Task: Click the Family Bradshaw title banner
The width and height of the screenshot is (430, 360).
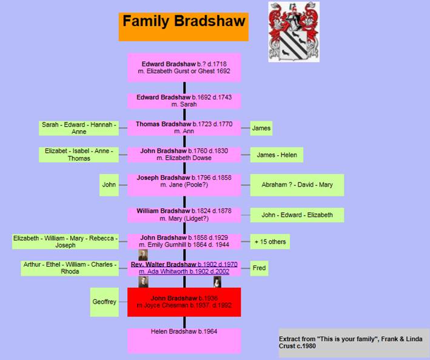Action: (184, 27)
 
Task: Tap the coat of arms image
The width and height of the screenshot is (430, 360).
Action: (294, 32)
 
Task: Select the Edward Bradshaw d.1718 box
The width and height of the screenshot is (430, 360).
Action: (184, 68)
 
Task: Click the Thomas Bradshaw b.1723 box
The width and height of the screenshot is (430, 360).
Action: (184, 128)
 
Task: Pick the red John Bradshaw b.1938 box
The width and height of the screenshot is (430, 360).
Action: (184, 302)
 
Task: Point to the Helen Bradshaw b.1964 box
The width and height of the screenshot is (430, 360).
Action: (184, 341)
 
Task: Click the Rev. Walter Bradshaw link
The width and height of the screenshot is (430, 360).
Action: (184, 264)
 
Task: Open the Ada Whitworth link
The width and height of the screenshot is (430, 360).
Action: (184, 272)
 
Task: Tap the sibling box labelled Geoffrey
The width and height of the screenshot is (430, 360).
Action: (104, 302)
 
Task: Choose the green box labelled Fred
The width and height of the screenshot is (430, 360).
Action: (259, 268)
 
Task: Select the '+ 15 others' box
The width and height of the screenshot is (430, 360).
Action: (270, 242)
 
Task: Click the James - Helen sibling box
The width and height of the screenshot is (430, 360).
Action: (277, 155)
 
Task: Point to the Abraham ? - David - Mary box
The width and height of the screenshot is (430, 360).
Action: (297, 185)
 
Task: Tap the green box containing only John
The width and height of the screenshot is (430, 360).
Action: (109, 185)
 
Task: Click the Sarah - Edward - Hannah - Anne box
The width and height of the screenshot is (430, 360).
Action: (79, 128)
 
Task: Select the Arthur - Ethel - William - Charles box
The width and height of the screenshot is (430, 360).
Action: (70, 268)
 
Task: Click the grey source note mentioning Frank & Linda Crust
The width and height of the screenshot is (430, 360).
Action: (354, 342)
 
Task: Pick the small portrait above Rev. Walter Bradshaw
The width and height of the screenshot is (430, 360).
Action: (143, 255)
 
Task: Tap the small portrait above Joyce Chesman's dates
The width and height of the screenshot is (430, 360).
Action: (217, 282)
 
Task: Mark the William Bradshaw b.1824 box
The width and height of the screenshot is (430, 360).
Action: (184, 215)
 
